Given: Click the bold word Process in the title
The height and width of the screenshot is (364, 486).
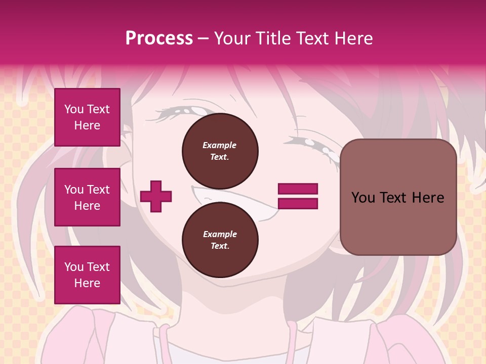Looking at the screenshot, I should (159, 38).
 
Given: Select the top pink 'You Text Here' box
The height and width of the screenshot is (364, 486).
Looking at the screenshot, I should (87, 117).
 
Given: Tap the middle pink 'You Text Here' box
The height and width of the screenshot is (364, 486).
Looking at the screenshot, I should (87, 197).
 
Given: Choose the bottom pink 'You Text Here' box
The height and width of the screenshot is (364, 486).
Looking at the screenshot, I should (87, 275).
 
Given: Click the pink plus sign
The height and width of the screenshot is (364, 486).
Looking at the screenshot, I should (156, 196).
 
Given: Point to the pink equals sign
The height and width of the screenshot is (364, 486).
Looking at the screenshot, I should (298, 196).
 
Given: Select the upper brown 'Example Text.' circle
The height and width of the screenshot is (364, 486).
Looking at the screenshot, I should (220, 151).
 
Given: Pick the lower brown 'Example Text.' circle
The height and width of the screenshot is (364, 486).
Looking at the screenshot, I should (220, 240).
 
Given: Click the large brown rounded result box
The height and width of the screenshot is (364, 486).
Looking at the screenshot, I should (398, 197).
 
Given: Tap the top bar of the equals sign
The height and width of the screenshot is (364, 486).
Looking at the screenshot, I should (298, 189).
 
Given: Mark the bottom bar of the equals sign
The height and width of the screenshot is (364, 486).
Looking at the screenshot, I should (298, 203).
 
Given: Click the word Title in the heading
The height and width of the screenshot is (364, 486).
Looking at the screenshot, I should (274, 38).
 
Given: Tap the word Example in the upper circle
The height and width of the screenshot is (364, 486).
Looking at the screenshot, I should (220, 145).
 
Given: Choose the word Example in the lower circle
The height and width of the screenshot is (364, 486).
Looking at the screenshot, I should (220, 234).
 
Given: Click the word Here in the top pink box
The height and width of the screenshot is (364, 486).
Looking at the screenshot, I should (87, 125).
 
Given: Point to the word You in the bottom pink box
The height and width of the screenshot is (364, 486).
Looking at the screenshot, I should (74, 267).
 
